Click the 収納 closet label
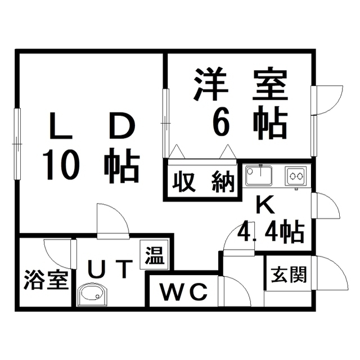point(202,182)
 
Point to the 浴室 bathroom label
point(46,280)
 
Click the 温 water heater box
point(154,256)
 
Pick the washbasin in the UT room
point(91,294)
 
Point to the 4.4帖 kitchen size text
point(271,230)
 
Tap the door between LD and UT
point(111,220)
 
